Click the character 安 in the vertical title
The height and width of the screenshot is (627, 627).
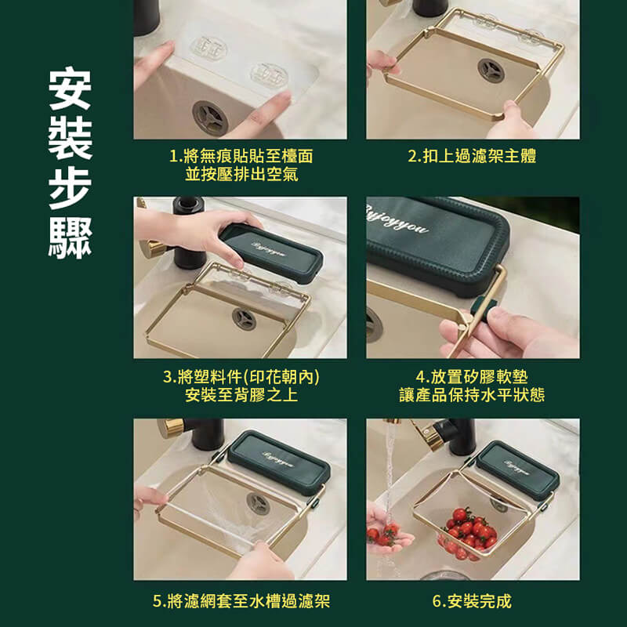(x=70, y=91)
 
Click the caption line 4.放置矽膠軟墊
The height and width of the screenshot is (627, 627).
(x=472, y=378)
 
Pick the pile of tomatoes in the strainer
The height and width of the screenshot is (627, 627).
(x=468, y=531)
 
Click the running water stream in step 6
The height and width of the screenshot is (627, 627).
(x=390, y=470)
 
